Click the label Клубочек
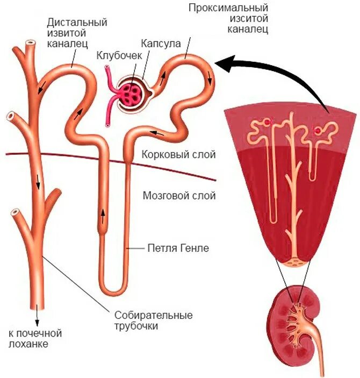[x=119, y=55]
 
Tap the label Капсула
[x=161, y=43]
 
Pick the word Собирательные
[x=154, y=315]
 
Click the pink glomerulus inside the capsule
[x=129, y=92]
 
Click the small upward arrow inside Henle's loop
[x=103, y=217]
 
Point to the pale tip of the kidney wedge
[x=294, y=263]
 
